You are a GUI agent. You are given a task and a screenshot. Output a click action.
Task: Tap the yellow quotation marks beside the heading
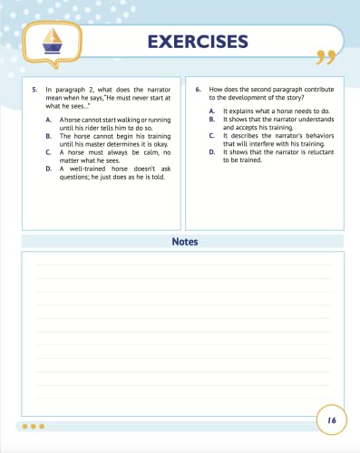[x=325, y=59]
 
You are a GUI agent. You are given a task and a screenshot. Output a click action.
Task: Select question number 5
[x=34, y=91]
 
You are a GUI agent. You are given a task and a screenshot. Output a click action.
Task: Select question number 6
[x=199, y=91]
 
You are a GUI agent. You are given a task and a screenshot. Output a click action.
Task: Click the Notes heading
[x=185, y=242]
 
